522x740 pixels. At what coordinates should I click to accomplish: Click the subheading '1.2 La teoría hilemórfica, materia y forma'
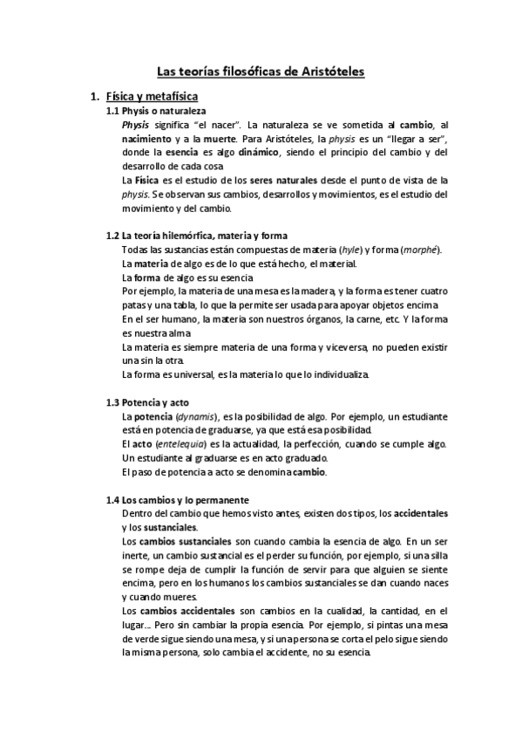pos(196,236)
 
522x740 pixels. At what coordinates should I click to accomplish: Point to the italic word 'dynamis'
pos(196,416)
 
